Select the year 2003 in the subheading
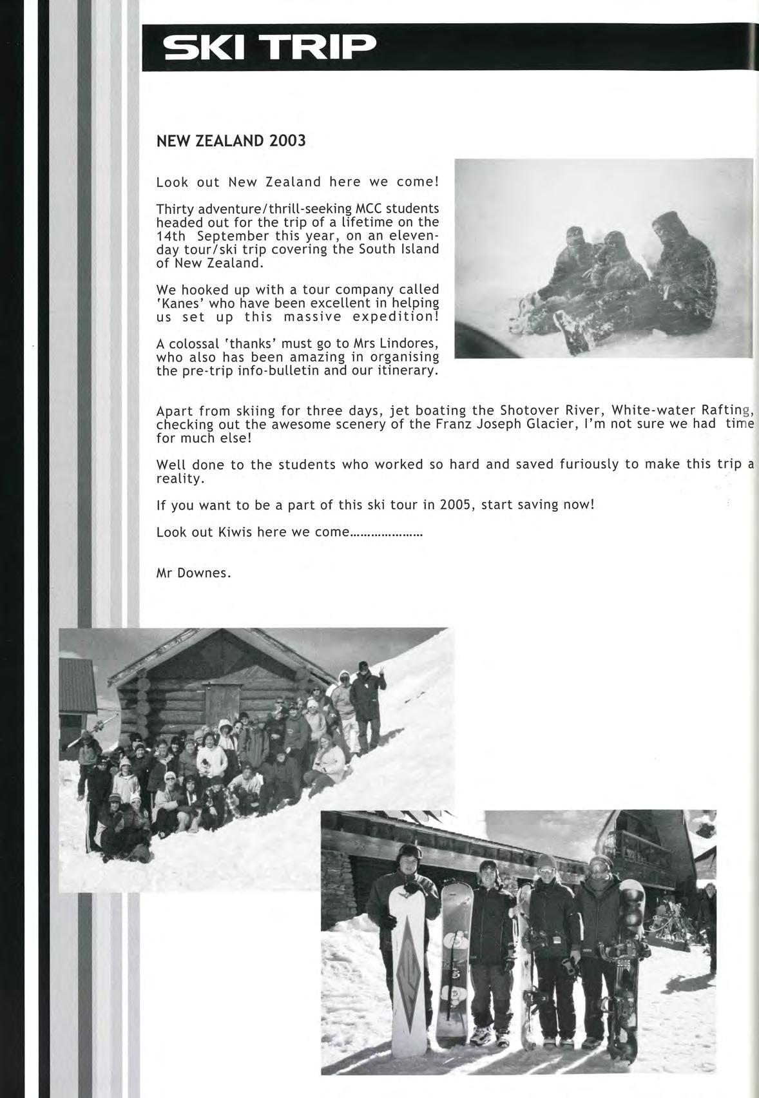pyautogui.click(x=288, y=141)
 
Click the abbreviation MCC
pyautogui.click(x=370, y=209)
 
